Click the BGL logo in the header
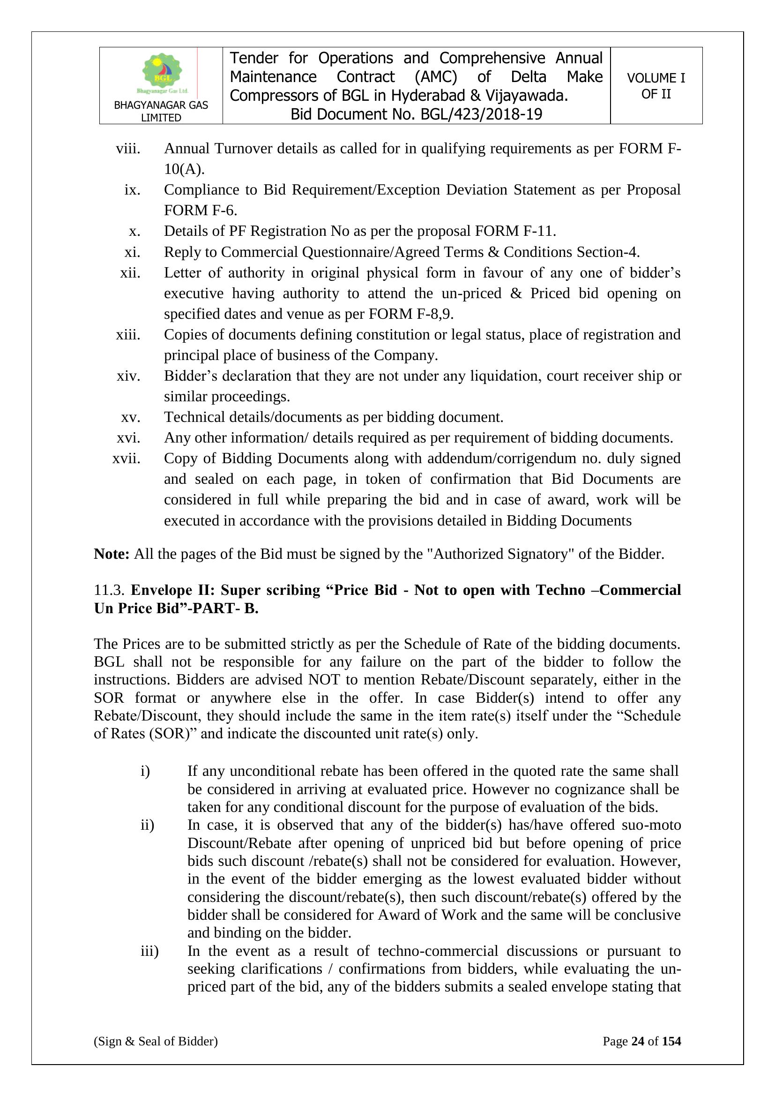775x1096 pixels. pos(162,74)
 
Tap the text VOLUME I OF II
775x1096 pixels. pos(656,86)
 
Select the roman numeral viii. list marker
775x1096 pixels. pos(128,149)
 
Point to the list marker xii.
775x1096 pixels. pos(130,273)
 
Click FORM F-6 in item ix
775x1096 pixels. pos(200,210)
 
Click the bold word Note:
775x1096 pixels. pos(112,554)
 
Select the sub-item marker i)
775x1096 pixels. pos(145,771)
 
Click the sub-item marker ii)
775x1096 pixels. pos(147,825)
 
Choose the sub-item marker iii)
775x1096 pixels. pos(149,951)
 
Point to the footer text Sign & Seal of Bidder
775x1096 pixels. pos(156,1041)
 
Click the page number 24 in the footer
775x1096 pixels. pos(638,1041)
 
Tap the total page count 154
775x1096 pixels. pos(671,1041)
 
